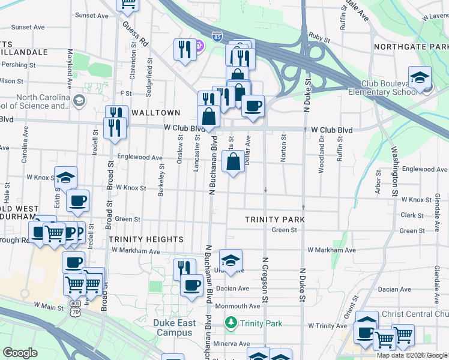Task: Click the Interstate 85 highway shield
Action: click(217, 37)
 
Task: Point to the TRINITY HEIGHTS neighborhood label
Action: click(146, 238)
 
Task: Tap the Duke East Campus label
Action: click(174, 328)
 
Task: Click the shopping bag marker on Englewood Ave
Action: click(233, 161)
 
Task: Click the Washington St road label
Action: click(395, 171)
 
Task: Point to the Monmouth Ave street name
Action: click(237, 306)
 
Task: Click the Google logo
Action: click(20, 353)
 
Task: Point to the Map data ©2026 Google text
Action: click(411, 355)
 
